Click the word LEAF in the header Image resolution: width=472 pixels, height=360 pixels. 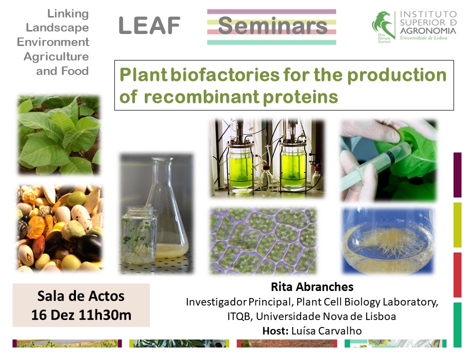(150, 25)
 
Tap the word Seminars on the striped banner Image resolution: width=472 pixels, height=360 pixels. (272, 25)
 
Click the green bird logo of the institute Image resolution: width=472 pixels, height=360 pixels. (383, 25)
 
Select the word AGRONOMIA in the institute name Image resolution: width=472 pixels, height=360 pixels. (428, 30)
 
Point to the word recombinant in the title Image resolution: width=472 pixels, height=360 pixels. (201, 97)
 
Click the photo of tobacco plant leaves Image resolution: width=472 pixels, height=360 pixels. (59, 134)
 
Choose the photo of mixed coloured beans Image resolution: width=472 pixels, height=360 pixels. (59, 227)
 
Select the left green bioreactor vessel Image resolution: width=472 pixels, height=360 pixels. (240, 165)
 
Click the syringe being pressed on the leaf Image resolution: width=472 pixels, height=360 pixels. (378, 167)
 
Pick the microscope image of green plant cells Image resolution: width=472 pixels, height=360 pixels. (263, 240)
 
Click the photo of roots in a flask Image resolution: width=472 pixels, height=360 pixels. (388, 240)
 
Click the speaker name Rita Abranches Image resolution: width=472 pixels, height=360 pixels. (312, 287)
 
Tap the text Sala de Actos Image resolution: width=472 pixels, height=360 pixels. (81, 296)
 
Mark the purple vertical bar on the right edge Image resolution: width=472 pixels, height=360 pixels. (458, 174)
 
